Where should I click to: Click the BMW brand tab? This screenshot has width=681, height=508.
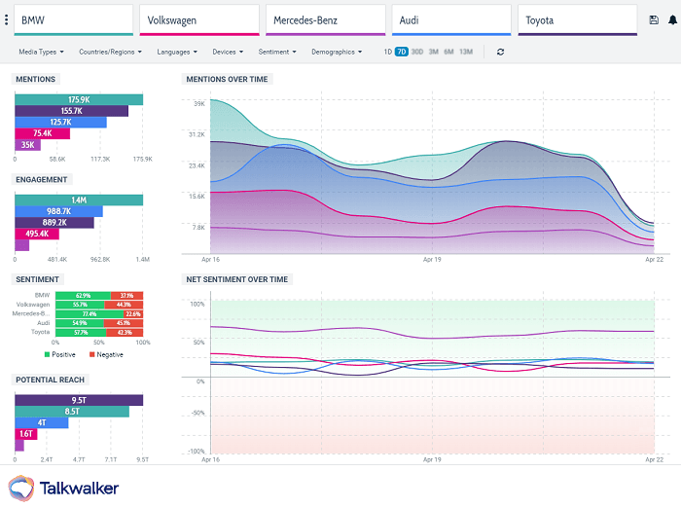click(73, 19)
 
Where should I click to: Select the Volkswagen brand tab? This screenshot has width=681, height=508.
click(199, 19)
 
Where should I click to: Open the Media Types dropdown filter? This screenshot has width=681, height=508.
click(43, 52)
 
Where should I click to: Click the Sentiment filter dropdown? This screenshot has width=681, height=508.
click(277, 52)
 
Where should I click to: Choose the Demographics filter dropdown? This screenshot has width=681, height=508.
click(338, 52)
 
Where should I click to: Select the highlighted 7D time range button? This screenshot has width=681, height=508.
click(402, 52)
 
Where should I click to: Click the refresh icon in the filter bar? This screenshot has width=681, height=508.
click(500, 52)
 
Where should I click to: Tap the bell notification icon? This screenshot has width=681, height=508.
click(671, 19)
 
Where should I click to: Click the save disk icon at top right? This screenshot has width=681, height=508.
click(654, 19)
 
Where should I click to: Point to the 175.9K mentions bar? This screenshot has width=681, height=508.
click(79, 99)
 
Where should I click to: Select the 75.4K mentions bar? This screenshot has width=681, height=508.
click(43, 133)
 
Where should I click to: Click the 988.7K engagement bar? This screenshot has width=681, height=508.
click(58, 210)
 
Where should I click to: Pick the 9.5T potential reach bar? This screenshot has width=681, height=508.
click(79, 399)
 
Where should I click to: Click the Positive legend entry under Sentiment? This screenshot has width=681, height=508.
click(60, 354)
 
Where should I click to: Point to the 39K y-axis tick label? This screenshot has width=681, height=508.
click(198, 103)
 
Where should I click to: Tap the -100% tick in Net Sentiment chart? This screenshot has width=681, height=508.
click(196, 452)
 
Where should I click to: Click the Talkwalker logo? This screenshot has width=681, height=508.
click(64, 488)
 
